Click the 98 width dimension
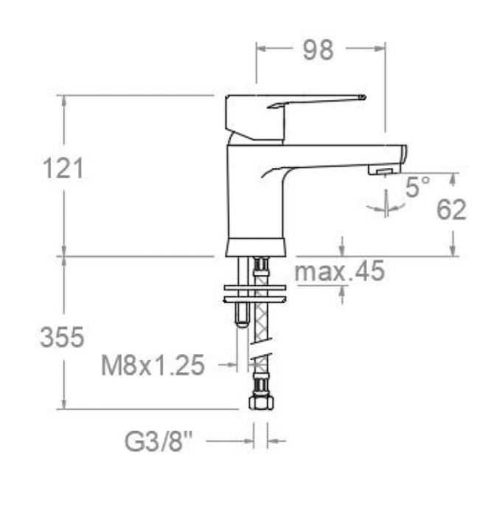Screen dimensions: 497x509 (318, 50)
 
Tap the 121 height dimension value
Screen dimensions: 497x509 (63, 168)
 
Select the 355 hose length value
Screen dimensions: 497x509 (62, 337)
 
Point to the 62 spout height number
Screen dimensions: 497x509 (451, 210)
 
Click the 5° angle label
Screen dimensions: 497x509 (417, 187)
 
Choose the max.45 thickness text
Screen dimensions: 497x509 (339, 271)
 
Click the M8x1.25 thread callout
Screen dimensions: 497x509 (153, 365)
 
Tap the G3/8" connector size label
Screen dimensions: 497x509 (159, 441)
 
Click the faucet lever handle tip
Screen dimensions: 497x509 (364, 97)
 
